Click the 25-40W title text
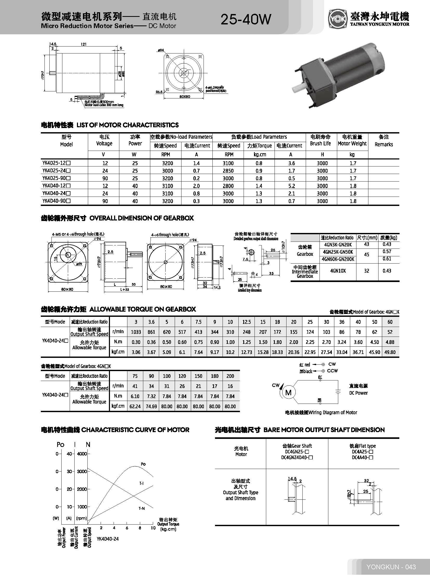coord(246,19)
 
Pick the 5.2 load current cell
coord(291,186)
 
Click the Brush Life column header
coord(320,140)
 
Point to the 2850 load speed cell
coord(228,171)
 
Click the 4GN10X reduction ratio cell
coord(338,271)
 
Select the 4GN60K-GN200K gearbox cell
coord(338,259)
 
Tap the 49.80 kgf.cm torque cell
coord(390,352)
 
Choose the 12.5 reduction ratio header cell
coord(246,322)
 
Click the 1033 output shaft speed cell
coord(136,332)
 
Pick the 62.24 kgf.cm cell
coord(135,406)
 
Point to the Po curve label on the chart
coord(143,464)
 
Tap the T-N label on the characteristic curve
coord(142,508)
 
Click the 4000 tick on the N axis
coord(82,454)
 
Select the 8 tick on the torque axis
coord(140,528)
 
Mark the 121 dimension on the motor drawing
coord(83,44)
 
